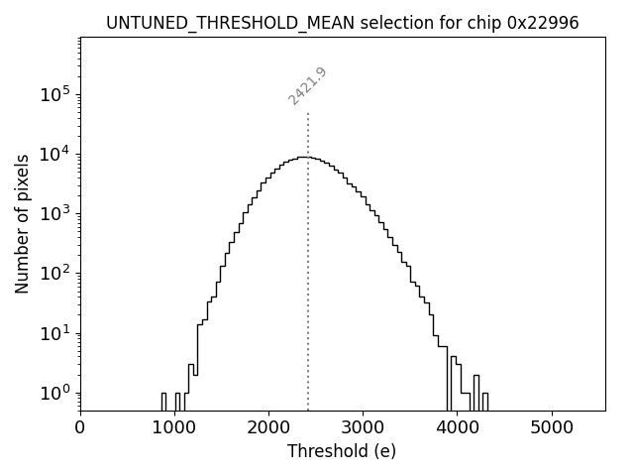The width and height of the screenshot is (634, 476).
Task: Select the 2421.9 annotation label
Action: (x=307, y=85)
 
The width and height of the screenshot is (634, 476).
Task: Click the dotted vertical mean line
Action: (x=308, y=297)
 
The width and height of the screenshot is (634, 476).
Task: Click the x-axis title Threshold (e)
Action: (x=342, y=451)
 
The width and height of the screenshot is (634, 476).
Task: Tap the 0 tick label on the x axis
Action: (x=80, y=427)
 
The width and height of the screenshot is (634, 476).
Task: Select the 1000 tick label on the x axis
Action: (x=174, y=427)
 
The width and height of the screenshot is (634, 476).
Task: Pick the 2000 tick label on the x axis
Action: (x=268, y=427)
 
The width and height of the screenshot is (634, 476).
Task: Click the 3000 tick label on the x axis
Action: (x=363, y=427)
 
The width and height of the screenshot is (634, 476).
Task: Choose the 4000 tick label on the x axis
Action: (x=457, y=427)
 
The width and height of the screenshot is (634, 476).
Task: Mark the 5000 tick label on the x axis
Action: (x=551, y=427)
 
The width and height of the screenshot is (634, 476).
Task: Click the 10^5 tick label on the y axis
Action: (x=55, y=94)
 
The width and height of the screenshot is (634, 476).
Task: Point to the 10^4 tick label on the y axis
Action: (x=55, y=154)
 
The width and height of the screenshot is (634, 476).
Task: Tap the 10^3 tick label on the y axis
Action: (x=55, y=213)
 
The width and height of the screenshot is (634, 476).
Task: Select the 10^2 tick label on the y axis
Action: (x=55, y=274)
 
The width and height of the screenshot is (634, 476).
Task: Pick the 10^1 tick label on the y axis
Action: (x=55, y=333)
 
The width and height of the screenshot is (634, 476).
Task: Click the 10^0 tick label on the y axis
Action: (x=55, y=393)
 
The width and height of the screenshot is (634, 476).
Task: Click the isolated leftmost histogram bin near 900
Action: (x=163, y=402)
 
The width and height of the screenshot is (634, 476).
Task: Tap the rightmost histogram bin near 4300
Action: (x=484, y=402)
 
